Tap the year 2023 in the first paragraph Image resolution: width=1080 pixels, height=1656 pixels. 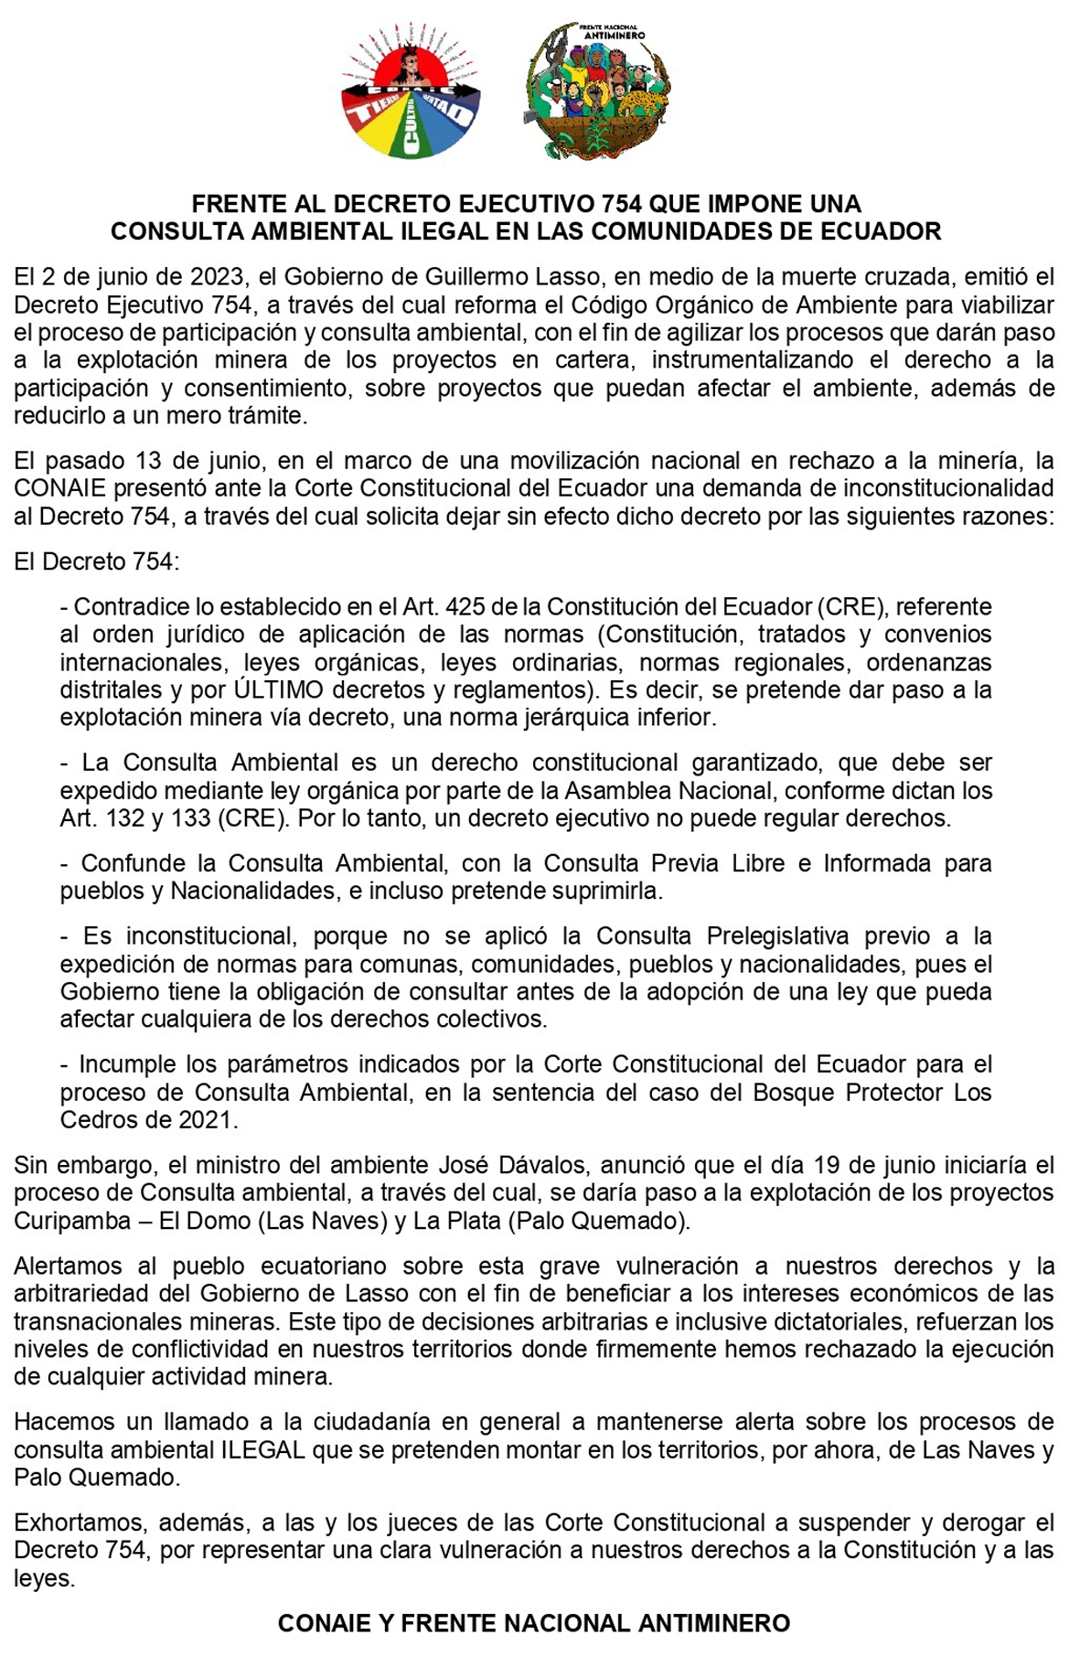pyautogui.click(x=211, y=277)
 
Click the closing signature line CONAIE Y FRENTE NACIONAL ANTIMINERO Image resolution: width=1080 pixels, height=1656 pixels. pyautogui.click(x=534, y=1624)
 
